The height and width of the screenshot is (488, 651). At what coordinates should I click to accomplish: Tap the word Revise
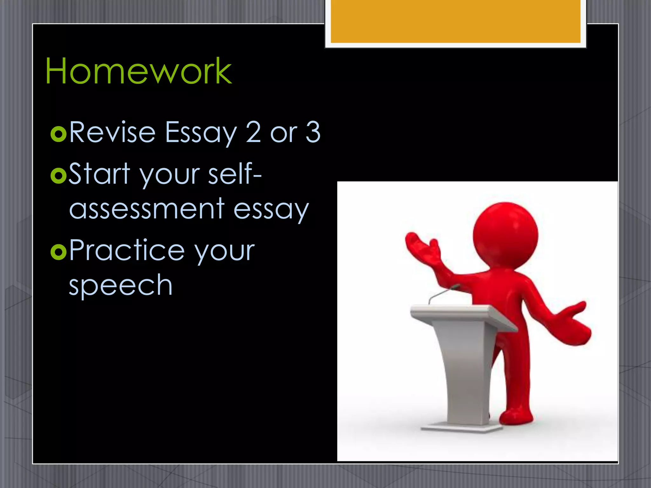click(112, 132)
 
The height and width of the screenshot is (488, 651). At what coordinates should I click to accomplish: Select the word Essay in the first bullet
click(201, 133)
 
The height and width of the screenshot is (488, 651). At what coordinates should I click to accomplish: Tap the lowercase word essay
click(271, 210)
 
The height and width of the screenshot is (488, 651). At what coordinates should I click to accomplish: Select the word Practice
click(127, 251)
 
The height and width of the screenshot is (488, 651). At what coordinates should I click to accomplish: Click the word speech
click(120, 285)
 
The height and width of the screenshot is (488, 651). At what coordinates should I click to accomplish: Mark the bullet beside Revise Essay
click(58, 134)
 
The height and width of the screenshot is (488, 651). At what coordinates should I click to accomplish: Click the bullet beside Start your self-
click(58, 176)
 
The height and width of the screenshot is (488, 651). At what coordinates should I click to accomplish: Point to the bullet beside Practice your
click(58, 252)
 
